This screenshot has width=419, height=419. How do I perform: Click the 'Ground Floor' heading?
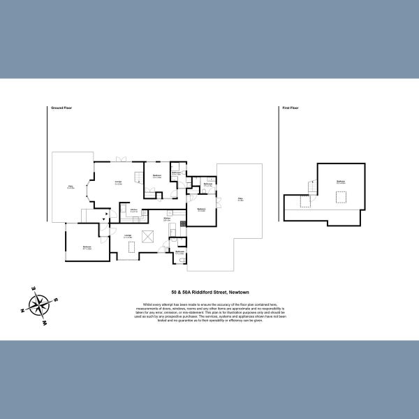click(61, 108)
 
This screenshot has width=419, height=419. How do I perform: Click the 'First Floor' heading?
click(291, 108)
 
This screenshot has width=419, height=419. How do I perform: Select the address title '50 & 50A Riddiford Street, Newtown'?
click(209, 293)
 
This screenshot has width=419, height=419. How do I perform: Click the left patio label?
click(70, 186)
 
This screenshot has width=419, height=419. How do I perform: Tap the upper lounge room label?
click(119, 183)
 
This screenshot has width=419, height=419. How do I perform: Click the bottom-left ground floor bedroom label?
click(87, 247)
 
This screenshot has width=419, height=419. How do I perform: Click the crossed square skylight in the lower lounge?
click(147, 237)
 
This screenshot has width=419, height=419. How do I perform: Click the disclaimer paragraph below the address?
click(209, 311)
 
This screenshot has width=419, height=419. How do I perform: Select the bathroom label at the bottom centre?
click(179, 252)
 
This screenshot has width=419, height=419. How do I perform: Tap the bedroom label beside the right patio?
click(201, 209)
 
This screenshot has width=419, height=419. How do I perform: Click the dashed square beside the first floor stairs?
click(304, 202)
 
